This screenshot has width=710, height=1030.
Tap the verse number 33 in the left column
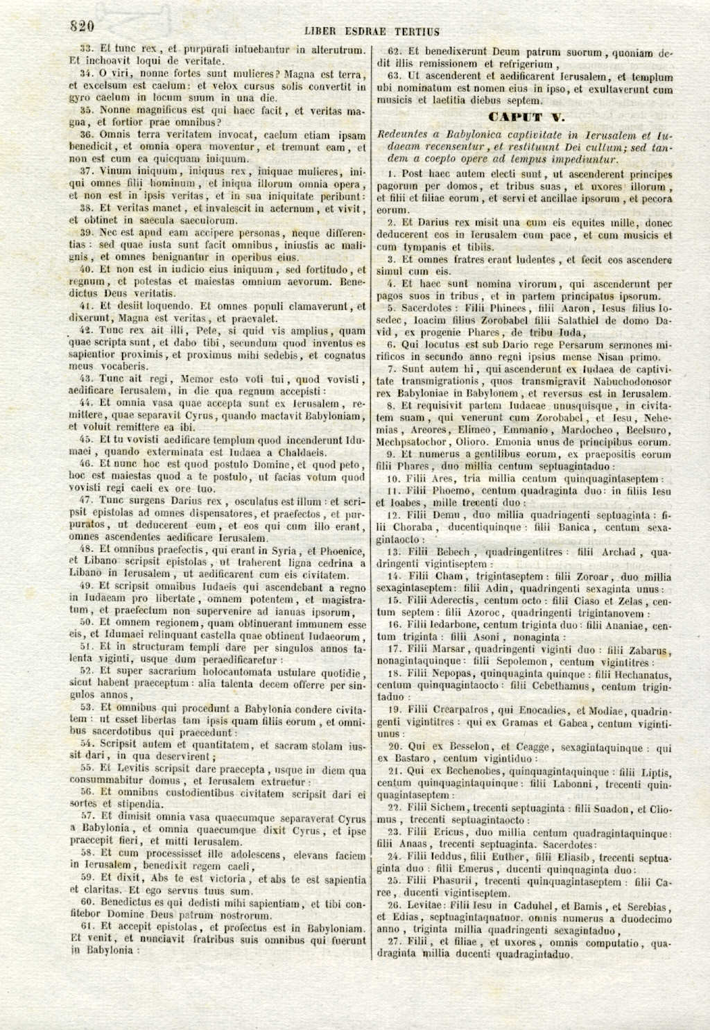87,49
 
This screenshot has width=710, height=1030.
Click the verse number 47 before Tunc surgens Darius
87,499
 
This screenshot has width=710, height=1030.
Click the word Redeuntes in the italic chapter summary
404,135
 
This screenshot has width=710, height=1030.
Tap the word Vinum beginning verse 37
114,171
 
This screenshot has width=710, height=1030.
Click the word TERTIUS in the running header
417,31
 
